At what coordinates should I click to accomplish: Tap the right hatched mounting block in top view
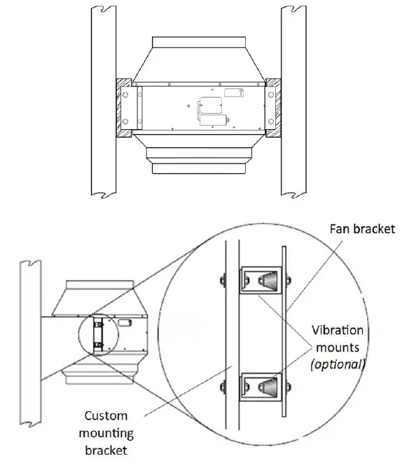tap(273, 108)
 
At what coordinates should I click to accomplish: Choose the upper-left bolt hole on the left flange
tap(127, 93)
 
